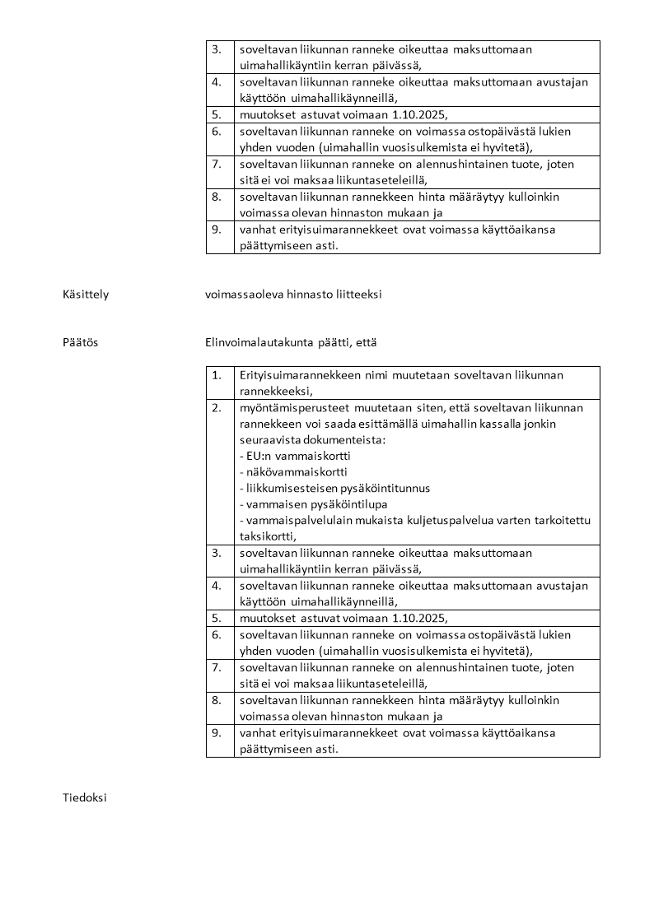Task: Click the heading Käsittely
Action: click(85, 294)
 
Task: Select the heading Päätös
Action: click(80, 342)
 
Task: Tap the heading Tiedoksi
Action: click(84, 797)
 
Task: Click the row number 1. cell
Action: click(217, 375)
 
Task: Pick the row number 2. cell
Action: click(217, 408)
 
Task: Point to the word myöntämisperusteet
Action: click(290, 408)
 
